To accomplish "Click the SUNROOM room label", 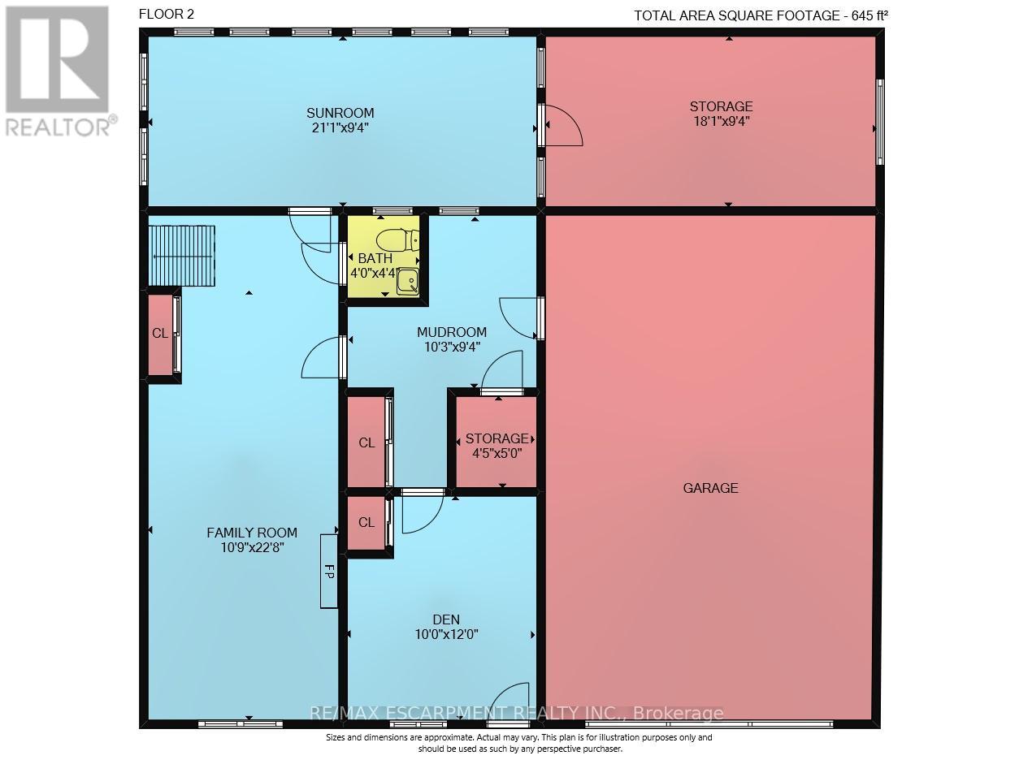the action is (x=340, y=113).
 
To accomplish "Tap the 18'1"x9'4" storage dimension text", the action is (x=722, y=121).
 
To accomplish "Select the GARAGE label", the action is (x=710, y=488).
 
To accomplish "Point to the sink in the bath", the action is (x=408, y=282).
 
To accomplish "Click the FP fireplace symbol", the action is (x=328, y=571).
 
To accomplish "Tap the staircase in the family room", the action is (x=182, y=256).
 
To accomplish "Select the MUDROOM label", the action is (x=451, y=333).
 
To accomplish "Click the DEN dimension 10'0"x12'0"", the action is (x=447, y=634).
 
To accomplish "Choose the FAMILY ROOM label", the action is (x=252, y=533).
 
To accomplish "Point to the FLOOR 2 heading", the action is (x=167, y=15).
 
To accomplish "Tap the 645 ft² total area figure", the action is (x=869, y=15).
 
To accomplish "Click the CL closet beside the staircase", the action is (x=160, y=334).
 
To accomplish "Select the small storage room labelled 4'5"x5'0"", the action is (x=496, y=442).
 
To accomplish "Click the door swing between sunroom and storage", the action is (x=563, y=126).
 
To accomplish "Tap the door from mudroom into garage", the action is (x=518, y=318).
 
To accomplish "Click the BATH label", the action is (x=375, y=258).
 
